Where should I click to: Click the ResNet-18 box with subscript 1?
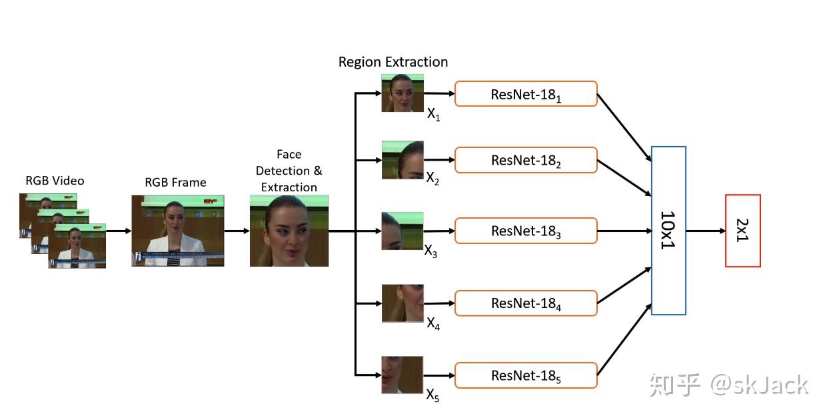click(526, 94)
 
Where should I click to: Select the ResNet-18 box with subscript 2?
click(526, 160)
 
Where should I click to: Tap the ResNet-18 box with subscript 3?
click(526, 231)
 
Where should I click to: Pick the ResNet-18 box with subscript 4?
click(526, 303)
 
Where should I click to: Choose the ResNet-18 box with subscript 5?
click(526, 375)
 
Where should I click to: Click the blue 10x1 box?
click(668, 231)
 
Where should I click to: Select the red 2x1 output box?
click(742, 231)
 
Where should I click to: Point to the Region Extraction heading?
click(393, 62)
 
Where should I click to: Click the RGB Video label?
click(55, 181)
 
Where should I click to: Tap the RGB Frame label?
click(175, 182)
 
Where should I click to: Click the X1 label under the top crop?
click(434, 115)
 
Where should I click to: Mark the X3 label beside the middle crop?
click(431, 251)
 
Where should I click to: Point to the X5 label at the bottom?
click(433, 395)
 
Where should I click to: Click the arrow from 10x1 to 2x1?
click(705, 231)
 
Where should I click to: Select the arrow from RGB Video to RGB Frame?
click(118, 231)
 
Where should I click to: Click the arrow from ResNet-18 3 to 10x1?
click(624, 231)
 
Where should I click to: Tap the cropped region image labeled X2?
click(403, 160)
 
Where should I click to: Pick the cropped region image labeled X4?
click(403, 303)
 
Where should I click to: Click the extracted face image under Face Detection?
click(289, 231)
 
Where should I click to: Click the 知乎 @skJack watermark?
click(729, 385)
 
